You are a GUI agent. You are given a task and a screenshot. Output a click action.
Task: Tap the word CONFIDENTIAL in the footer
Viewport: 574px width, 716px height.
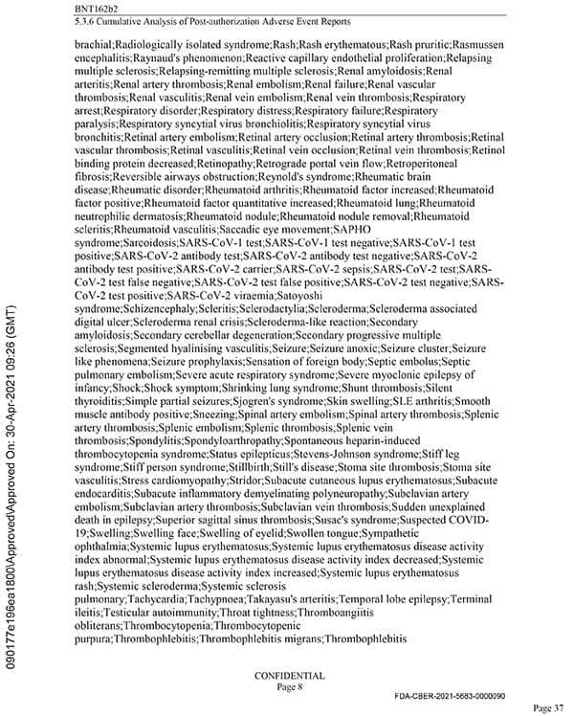tap(289, 675)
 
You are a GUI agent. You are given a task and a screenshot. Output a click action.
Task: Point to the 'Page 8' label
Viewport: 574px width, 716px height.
tap(289, 686)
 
